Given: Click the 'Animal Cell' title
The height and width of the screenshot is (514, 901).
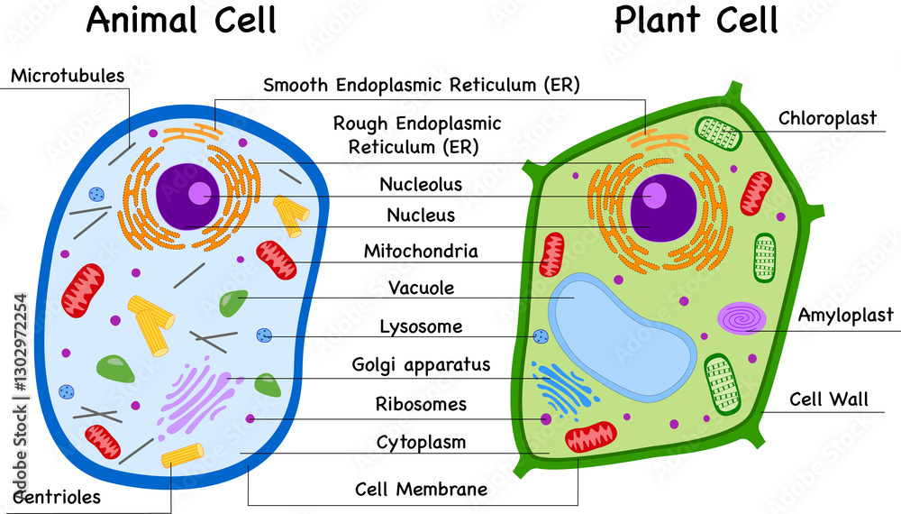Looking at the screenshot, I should (x=181, y=20).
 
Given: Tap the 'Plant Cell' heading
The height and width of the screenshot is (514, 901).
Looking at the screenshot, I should (x=696, y=20).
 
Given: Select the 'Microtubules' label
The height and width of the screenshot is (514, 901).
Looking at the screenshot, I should (x=68, y=76).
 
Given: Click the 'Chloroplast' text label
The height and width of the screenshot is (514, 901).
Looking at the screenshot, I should (x=827, y=119).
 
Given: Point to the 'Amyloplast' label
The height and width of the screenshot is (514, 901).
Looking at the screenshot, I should (x=845, y=315).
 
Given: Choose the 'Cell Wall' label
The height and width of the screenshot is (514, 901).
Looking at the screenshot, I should (x=829, y=399).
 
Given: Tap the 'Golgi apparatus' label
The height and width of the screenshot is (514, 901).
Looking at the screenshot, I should (x=421, y=365).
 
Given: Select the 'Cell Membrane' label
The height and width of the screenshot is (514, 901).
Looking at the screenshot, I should (x=421, y=490).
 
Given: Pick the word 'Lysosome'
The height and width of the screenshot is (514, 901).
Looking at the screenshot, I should (x=421, y=326).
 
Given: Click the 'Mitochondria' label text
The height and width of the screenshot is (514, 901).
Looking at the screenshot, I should (x=421, y=251).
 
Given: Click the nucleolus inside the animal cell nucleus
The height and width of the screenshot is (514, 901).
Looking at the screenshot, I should (x=199, y=193).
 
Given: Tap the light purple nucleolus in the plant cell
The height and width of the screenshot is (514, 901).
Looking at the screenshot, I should (x=655, y=196).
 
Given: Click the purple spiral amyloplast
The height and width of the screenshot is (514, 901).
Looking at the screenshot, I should (x=742, y=317).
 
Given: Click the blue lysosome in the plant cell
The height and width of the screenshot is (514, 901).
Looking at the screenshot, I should (x=541, y=336).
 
